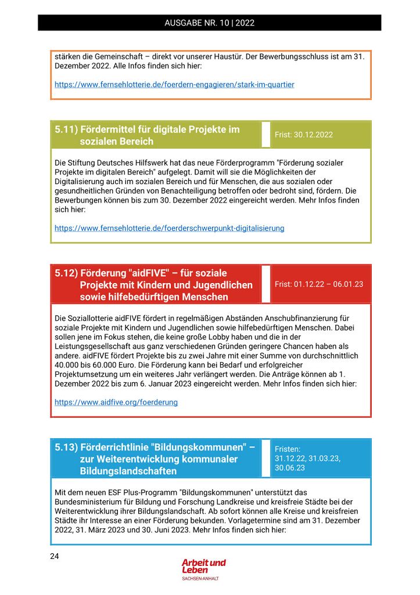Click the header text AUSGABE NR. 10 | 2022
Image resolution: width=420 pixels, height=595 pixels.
tap(210, 23)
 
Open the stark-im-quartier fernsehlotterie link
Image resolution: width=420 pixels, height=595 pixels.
tap(174, 85)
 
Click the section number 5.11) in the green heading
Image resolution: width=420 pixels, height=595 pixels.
tap(66, 130)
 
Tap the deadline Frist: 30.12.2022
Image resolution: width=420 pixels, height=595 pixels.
tap(304, 135)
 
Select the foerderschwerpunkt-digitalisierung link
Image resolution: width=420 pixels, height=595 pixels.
tap(169, 228)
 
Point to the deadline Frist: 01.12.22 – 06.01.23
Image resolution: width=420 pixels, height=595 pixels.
tap(319, 284)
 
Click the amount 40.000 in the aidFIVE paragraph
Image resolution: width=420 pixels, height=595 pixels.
tap(67, 365)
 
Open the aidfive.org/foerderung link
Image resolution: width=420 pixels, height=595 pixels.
tap(116, 402)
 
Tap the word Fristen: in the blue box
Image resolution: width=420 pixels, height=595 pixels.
tap(288, 449)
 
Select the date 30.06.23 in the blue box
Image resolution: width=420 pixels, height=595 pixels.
tap(290, 468)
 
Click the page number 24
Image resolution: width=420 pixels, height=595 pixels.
tap(55, 557)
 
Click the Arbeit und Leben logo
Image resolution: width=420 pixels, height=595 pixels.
tap(203, 566)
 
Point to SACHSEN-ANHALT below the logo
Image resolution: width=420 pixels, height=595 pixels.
tap(200, 579)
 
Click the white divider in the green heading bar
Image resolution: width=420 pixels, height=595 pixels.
tap(266, 135)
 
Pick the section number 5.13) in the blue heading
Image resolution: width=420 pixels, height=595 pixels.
tap(66, 447)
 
